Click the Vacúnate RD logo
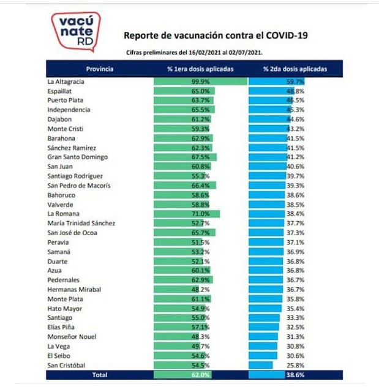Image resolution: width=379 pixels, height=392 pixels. [75, 31]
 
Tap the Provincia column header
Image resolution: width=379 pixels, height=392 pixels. [99, 69]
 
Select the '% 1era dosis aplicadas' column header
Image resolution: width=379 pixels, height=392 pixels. [200, 69]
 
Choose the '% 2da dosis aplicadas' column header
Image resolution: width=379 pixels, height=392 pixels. [295, 69]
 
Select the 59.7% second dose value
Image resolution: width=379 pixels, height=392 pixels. [296, 81]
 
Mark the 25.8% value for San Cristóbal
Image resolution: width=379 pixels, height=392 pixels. [296, 365]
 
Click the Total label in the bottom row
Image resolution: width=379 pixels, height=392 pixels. [99, 375]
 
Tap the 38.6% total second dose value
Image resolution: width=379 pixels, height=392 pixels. [296, 375]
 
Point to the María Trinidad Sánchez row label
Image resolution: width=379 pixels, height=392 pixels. [81, 223]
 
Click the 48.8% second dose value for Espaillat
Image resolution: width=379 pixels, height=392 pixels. [296, 91]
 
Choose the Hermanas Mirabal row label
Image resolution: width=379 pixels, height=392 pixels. [74, 289]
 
